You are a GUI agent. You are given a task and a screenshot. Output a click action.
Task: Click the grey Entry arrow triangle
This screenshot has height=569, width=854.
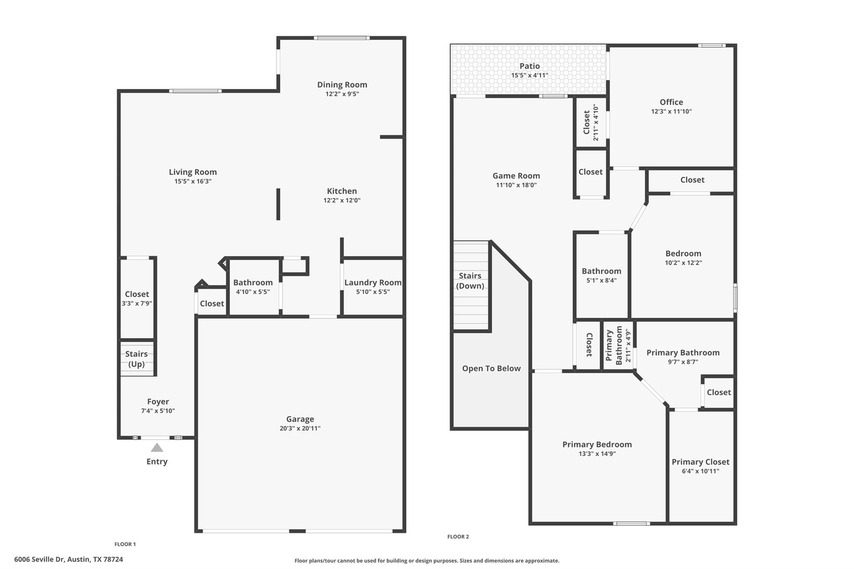[x=157, y=448]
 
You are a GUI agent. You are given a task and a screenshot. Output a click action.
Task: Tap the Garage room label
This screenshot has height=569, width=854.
[x=300, y=419]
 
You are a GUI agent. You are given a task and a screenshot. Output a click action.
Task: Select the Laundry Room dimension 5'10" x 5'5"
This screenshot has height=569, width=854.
[x=373, y=292]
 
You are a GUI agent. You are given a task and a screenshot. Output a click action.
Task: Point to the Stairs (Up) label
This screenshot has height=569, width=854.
[x=136, y=359]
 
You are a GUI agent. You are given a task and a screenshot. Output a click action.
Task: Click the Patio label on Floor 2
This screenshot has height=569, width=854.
[x=530, y=66]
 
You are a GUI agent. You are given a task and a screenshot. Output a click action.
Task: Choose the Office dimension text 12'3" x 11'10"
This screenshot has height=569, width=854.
[x=671, y=111]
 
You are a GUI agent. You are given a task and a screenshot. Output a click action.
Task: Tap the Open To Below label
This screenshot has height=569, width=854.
[x=491, y=368]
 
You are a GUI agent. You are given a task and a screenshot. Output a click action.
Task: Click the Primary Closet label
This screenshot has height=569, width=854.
[x=701, y=462]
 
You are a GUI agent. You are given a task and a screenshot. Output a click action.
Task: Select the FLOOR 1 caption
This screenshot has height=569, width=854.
[x=125, y=544]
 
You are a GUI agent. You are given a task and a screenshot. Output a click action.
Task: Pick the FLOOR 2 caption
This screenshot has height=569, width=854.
[x=458, y=536]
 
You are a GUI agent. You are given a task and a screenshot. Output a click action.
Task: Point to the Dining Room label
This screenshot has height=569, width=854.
[x=342, y=85]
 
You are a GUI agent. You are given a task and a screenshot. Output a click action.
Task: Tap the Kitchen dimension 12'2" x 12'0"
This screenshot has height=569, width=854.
[x=342, y=200]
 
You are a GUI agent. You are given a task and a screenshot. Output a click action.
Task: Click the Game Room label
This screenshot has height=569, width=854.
[x=516, y=176]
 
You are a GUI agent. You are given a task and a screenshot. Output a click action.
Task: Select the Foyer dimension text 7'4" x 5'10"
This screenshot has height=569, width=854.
[x=158, y=411]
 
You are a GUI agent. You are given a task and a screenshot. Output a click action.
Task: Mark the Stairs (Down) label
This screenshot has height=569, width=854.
[x=470, y=281]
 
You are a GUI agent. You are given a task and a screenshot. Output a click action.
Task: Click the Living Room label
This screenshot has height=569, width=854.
[x=193, y=172]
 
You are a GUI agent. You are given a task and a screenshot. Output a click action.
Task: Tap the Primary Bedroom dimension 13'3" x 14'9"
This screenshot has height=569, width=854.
[x=597, y=454]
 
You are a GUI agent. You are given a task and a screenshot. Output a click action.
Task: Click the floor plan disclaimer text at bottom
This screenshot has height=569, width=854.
[x=427, y=561]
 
